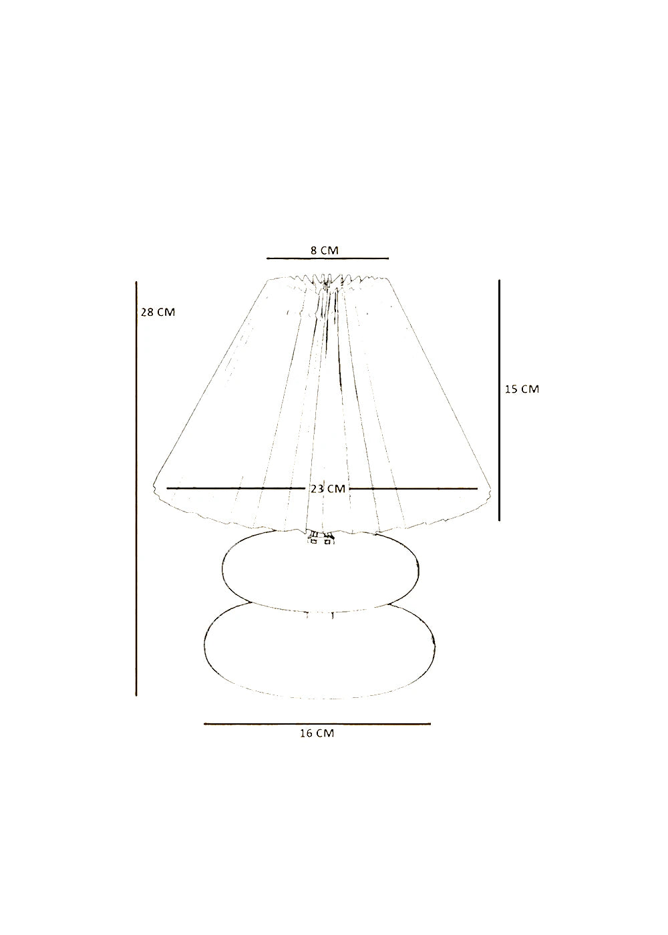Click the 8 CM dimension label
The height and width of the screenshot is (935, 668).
pyautogui.click(x=324, y=250)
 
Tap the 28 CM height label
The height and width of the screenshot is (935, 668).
pyautogui.click(x=158, y=312)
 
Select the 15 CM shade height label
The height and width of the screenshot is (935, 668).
pyautogui.click(x=522, y=389)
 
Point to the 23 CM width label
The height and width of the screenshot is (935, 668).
pyautogui.click(x=328, y=489)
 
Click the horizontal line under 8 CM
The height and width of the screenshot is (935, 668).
pyautogui.click(x=328, y=258)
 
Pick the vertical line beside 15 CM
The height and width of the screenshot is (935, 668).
pyautogui.click(x=500, y=400)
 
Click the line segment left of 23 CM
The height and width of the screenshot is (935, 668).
pyautogui.click(x=236, y=488)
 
